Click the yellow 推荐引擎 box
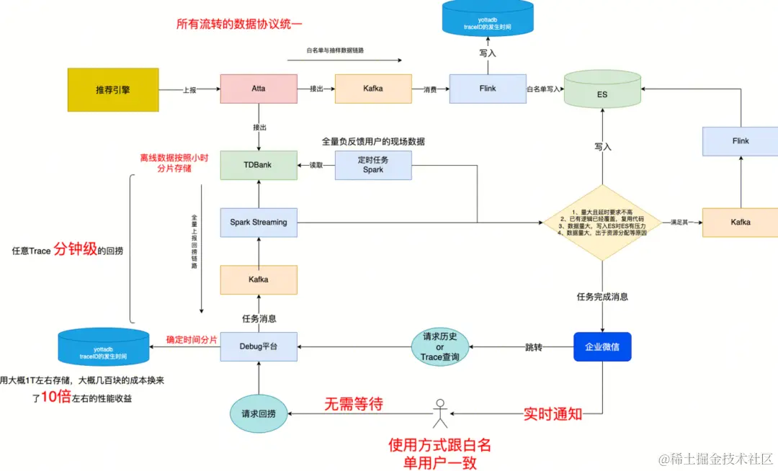tap(113, 89)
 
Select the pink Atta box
tap(259, 89)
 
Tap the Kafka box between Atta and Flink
tap(373, 89)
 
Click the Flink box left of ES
tap(488, 89)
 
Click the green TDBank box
tap(259, 165)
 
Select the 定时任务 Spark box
tap(373, 165)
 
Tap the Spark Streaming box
tap(259, 222)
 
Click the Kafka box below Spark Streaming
tap(259, 279)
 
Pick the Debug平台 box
tap(259, 346)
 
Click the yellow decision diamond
tap(602, 223)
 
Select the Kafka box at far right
tap(741, 223)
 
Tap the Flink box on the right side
tap(741, 141)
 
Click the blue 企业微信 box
tap(602, 346)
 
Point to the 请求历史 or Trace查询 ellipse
tap(440, 347)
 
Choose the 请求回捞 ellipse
tap(258, 413)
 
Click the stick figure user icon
tap(439, 412)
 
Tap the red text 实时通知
tap(553, 413)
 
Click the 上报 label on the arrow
tap(190, 89)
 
